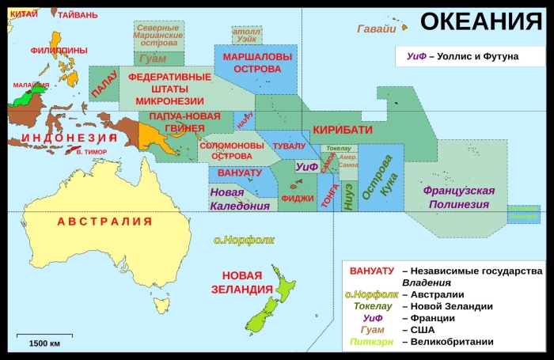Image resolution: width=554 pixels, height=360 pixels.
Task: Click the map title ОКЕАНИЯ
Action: (480, 21)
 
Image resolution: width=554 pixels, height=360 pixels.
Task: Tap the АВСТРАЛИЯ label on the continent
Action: (104, 222)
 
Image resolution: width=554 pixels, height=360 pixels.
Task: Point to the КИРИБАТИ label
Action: (342, 130)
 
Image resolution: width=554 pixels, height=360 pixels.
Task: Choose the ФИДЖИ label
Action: (298, 199)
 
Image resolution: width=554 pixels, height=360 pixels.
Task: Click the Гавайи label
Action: (376, 29)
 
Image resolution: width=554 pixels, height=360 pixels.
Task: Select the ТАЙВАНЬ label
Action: (77, 14)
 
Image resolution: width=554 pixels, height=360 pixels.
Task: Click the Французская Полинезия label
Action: (459, 197)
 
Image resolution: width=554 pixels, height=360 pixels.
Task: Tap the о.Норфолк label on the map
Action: (244, 240)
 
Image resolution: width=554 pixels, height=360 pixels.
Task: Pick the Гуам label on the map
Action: (152, 58)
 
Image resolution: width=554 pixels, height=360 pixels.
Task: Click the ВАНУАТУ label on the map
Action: (239, 172)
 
